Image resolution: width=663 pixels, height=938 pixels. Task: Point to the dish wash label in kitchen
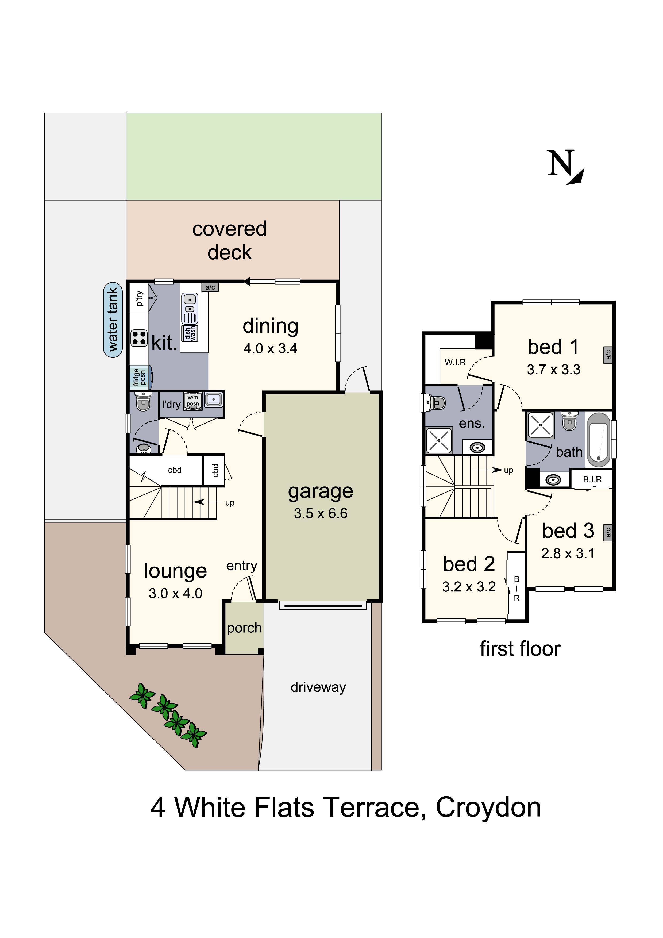[x=190, y=333]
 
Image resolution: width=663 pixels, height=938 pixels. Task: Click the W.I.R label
[x=455, y=362]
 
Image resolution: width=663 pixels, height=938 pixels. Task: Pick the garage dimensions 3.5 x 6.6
[x=321, y=514]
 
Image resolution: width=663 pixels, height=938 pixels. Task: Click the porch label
[x=244, y=628]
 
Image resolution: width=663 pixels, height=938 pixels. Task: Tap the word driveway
[x=318, y=687]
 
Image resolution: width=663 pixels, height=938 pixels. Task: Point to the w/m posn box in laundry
[x=193, y=400]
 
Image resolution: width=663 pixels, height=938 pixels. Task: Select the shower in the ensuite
[x=439, y=440]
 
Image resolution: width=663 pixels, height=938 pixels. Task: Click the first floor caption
[x=520, y=649]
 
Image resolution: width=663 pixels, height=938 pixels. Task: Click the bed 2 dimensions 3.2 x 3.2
[x=469, y=587]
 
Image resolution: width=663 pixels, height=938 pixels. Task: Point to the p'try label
[x=140, y=298]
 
